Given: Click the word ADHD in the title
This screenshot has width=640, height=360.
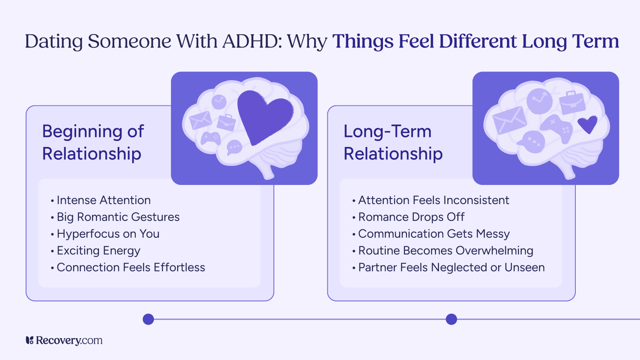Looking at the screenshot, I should click(x=252, y=42).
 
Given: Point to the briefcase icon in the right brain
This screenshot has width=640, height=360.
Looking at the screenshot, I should click(x=572, y=103).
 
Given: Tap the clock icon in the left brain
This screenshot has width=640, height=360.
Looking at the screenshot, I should click(x=219, y=102).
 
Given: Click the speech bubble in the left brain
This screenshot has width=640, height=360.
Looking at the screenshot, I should click(x=234, y=147).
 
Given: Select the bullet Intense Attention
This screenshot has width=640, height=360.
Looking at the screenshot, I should click(x=103, y=200).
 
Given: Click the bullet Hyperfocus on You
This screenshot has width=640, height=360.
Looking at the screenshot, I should click(x=108, y=234).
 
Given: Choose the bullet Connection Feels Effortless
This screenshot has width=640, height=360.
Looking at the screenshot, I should click(x=131, y=268).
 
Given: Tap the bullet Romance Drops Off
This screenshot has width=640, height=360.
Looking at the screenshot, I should click(x=411, y=217).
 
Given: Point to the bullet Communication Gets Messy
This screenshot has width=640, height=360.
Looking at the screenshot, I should click(x=434, y=234).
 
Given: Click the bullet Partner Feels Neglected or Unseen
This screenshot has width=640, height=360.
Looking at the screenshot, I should click(x=451, y=268).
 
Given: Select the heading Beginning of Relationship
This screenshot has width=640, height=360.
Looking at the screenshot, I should click(x=93, y=142).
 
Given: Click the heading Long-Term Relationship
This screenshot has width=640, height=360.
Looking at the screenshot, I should click(x=393, y=142).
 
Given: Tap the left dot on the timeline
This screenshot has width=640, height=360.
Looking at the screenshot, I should click(x=148, y=319).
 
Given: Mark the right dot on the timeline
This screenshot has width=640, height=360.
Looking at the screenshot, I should click(x=451, y=319).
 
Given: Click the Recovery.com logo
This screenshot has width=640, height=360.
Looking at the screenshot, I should click(x=64, y=340).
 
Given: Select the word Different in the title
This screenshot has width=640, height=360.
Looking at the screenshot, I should click(x=477, y=42).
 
